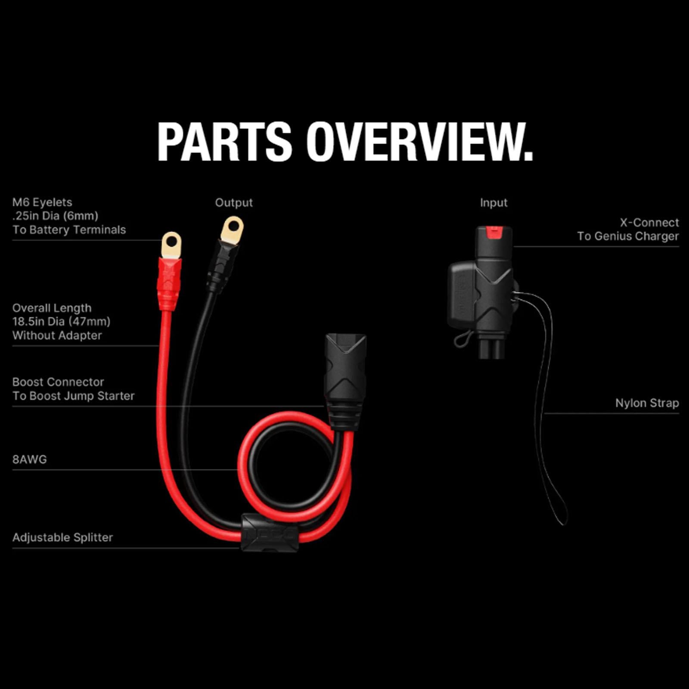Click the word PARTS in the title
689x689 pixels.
pyautogui.click(x=225, y=142)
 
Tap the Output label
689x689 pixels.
pyautogui.click(x=234, y=203)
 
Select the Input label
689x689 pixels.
pyautogui.click(x=494, y=203)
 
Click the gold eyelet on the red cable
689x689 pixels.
pyautogui.click(x=171, y=245)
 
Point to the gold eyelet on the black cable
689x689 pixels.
pyautogui.click(x=232, y=230)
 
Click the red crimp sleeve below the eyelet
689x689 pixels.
pyautogui.click(x=169, y=283)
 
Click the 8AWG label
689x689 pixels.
pyautogui.click(x=29, y=459)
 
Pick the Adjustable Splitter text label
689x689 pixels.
pyautogui.click(x=62, y=537)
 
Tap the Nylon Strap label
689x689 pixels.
pyautogui.click(x=647, y=403)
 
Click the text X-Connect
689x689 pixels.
pyautogui.click(x=649, y=223)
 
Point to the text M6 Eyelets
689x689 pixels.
pyautogui.click(x=42, y=202)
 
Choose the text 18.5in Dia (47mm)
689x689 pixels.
pyautogui.click(x=61, y=322)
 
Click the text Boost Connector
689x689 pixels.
pyautogui.click(x=58, y=382)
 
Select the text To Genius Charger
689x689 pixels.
pyautogui.click(x=628, y=236)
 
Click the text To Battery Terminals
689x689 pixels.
pyautogui.click(x=69, y=230)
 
